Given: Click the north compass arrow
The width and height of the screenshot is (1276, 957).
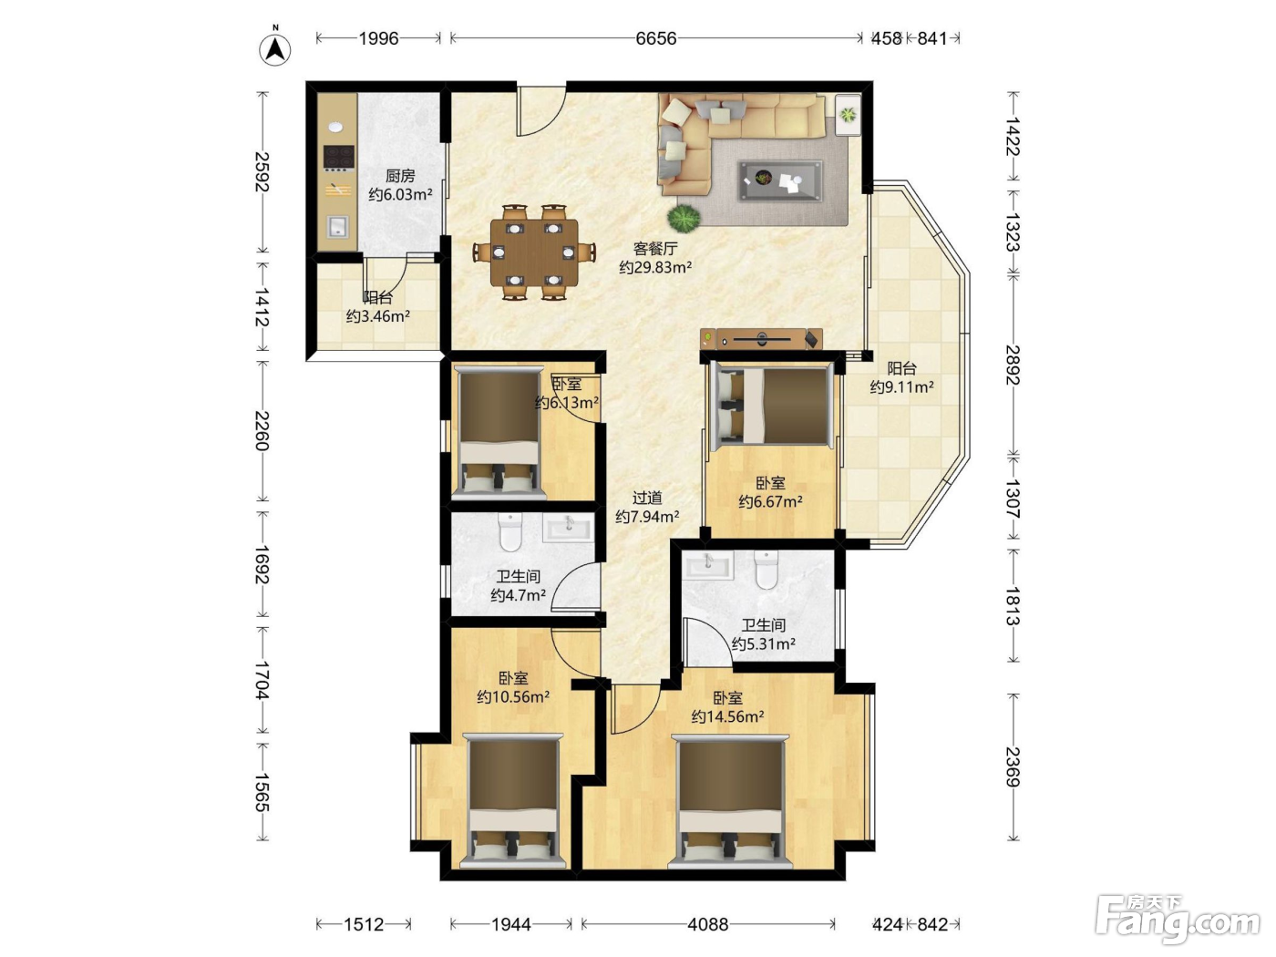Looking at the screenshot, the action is point(275,49).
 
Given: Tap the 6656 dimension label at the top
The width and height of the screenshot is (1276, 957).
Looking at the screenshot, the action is point(655,38).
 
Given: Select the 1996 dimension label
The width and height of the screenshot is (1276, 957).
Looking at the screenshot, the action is point(378,38).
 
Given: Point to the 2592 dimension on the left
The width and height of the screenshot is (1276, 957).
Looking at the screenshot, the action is point(262,171).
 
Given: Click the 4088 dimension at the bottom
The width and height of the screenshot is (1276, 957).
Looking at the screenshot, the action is point(707,924).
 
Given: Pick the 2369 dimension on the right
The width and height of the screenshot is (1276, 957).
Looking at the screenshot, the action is point(1013,767).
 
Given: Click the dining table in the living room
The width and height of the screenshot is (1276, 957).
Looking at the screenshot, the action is point(534,252).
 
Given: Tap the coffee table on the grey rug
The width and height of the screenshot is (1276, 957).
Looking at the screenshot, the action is point(780,180).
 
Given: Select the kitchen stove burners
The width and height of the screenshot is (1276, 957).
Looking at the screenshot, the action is point(339,157).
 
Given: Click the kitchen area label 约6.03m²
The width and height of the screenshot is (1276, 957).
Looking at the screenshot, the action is point(400,195).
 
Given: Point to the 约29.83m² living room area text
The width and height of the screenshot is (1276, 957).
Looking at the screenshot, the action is point(655,267).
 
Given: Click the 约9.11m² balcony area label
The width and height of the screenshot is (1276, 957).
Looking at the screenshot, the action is point(901,387).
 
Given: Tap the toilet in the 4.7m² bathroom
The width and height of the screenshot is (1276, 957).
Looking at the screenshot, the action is point(510,531).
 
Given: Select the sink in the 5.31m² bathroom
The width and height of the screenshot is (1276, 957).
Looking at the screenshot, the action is point(708,564).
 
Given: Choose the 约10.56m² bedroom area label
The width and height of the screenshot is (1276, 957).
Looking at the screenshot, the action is point(513,696).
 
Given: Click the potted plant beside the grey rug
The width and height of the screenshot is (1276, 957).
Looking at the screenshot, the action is point(684,218).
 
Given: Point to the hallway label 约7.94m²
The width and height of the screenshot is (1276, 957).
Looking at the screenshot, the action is point(647,516).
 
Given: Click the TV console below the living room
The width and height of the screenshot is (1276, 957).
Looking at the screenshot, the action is point(762,339).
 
